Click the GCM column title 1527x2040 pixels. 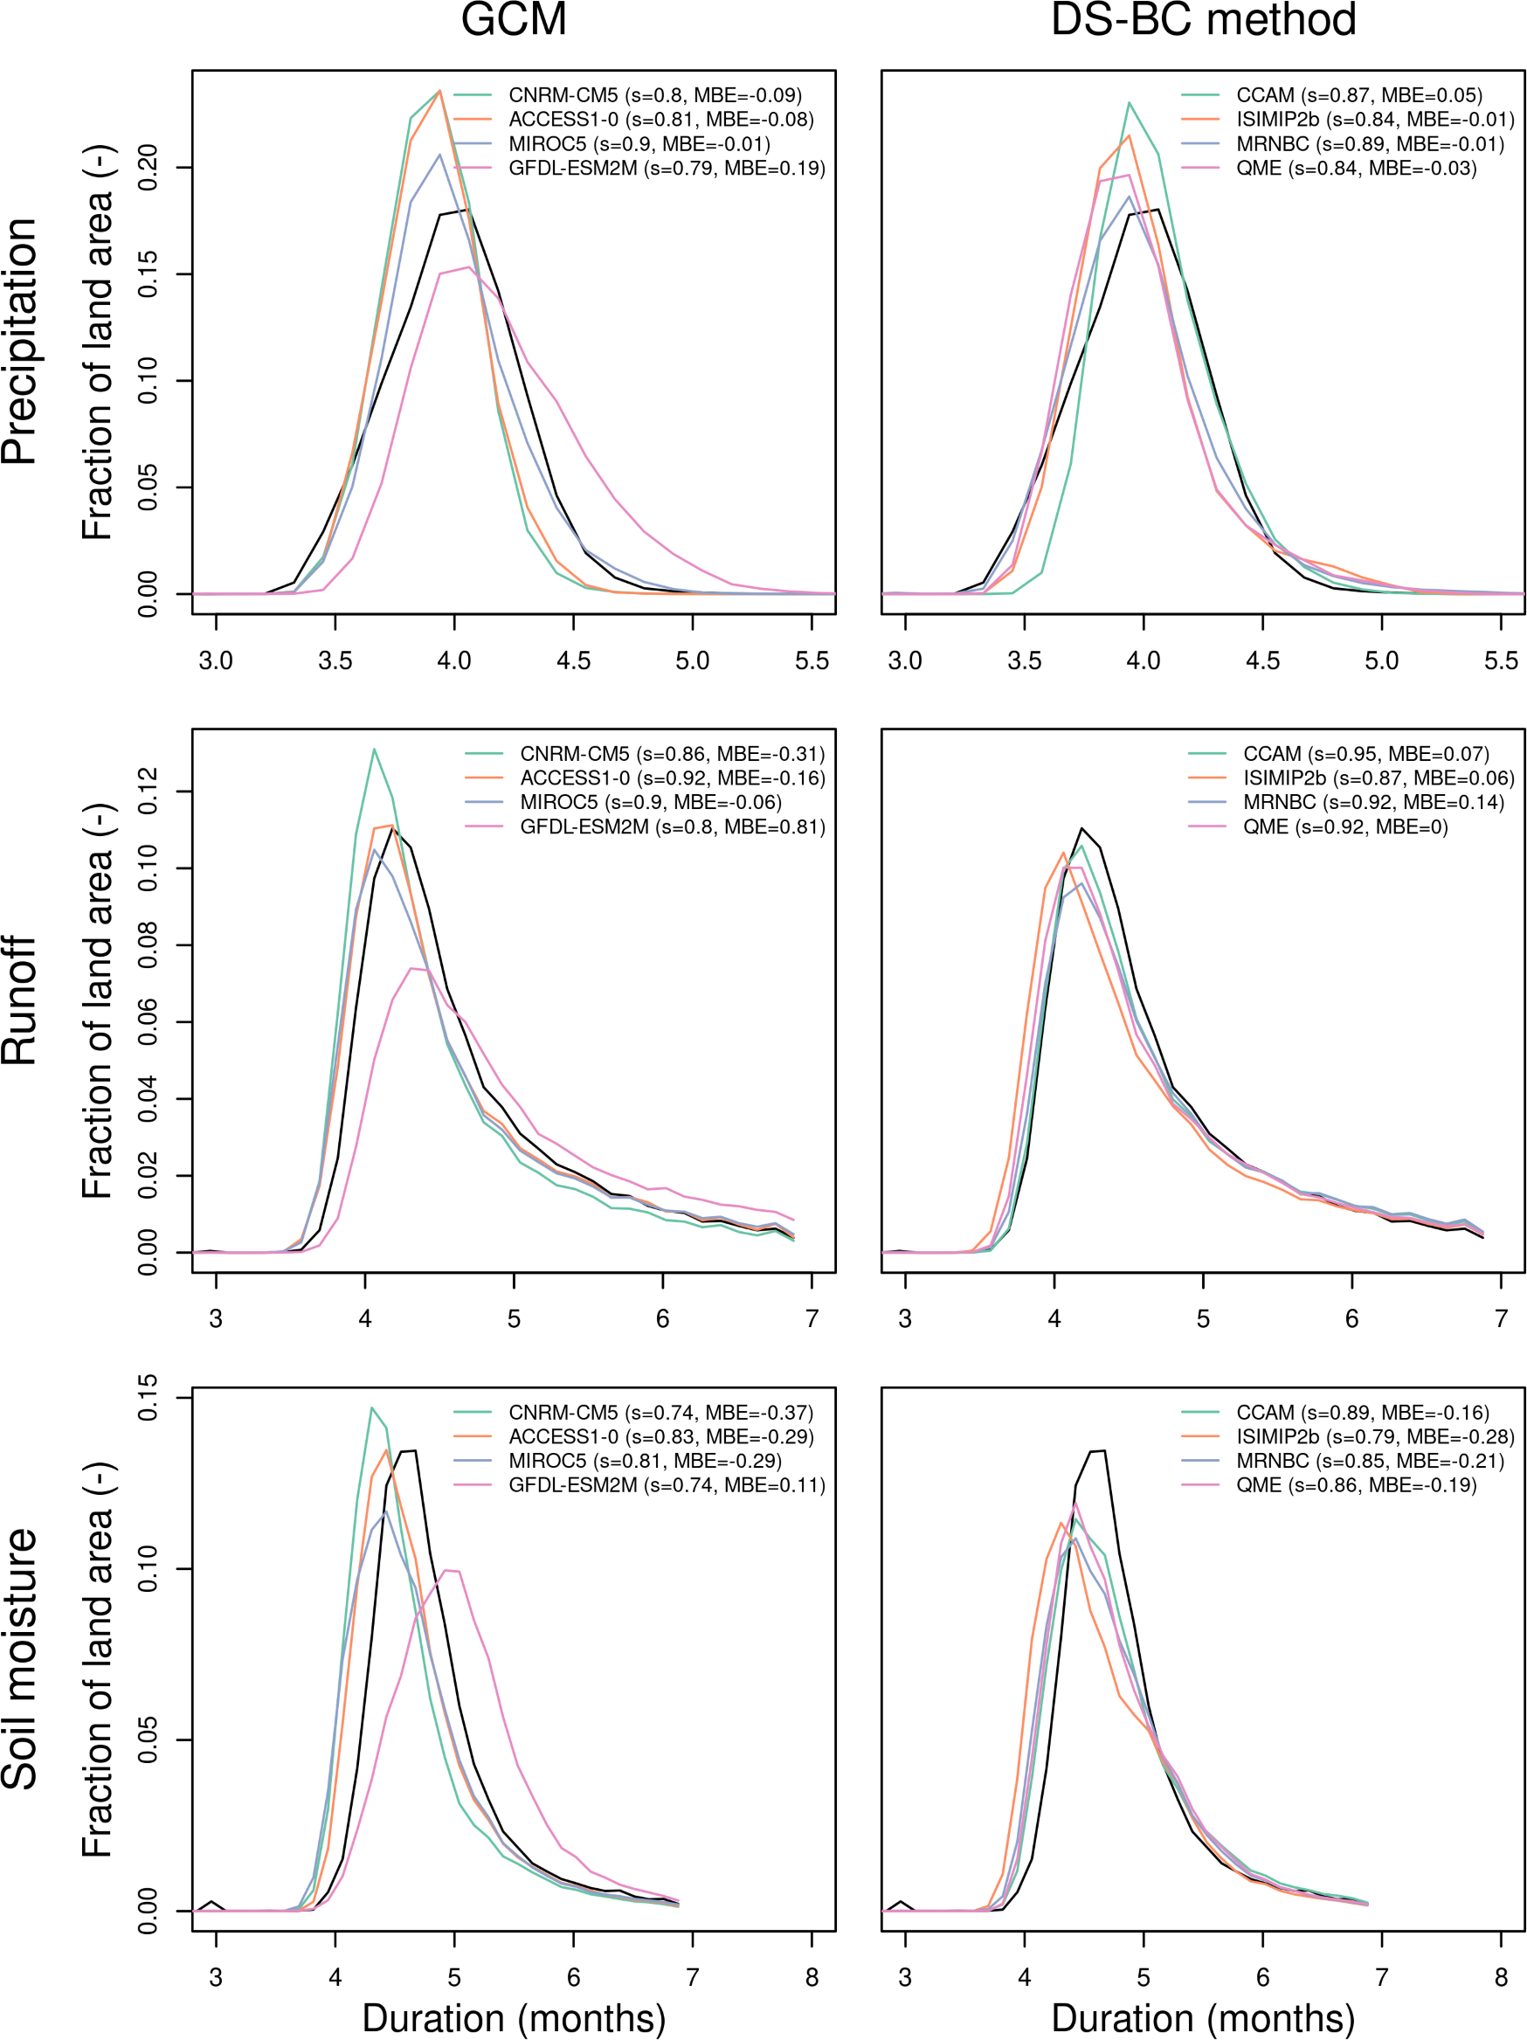[x=514, y=20]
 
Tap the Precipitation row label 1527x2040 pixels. [x=20, y=342]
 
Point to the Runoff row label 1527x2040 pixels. [x=20, y=1000]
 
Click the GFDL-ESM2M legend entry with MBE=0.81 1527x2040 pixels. [x=671, y=827]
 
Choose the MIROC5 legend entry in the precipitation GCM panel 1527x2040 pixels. [x=638, y=144]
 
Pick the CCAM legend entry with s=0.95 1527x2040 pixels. [x=1365, y=754]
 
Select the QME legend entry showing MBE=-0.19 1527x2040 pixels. [x=1356, y=1485]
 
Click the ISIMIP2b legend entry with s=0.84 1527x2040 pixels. [x=1374, y=120]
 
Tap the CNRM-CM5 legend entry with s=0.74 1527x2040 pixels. [x=660, y=1413]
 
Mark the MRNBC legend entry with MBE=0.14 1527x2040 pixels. [x=1372, y=802]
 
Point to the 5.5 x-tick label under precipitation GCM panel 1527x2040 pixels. [x=812, y=661]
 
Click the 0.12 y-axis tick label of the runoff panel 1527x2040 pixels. [x=148, y=792]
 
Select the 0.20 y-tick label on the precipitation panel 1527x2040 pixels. [x=148, y=168]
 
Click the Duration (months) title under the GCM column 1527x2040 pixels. [x=514, y=2018]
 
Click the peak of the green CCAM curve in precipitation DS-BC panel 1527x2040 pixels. [x=1129, y=102]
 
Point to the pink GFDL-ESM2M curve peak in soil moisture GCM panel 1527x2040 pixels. [x=446, y=1570]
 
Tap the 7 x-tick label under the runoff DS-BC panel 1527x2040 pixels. [x=1501, y=1319]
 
